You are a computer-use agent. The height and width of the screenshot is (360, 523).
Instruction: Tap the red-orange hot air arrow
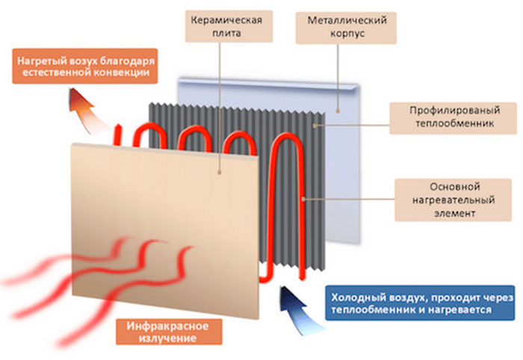(x=84, y=105)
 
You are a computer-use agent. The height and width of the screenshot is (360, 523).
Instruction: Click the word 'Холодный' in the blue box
(x=358, y=297)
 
